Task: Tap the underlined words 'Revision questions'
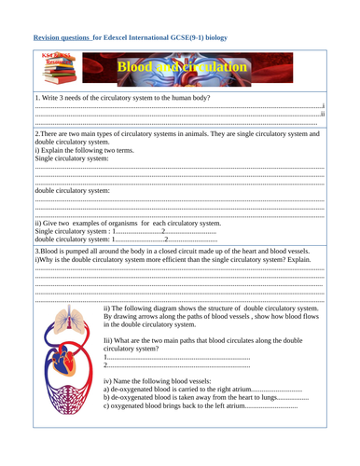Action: (x=66, y=38)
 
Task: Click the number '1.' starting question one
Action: (x=36, y=97)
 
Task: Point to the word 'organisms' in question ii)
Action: (x=136, y=224)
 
